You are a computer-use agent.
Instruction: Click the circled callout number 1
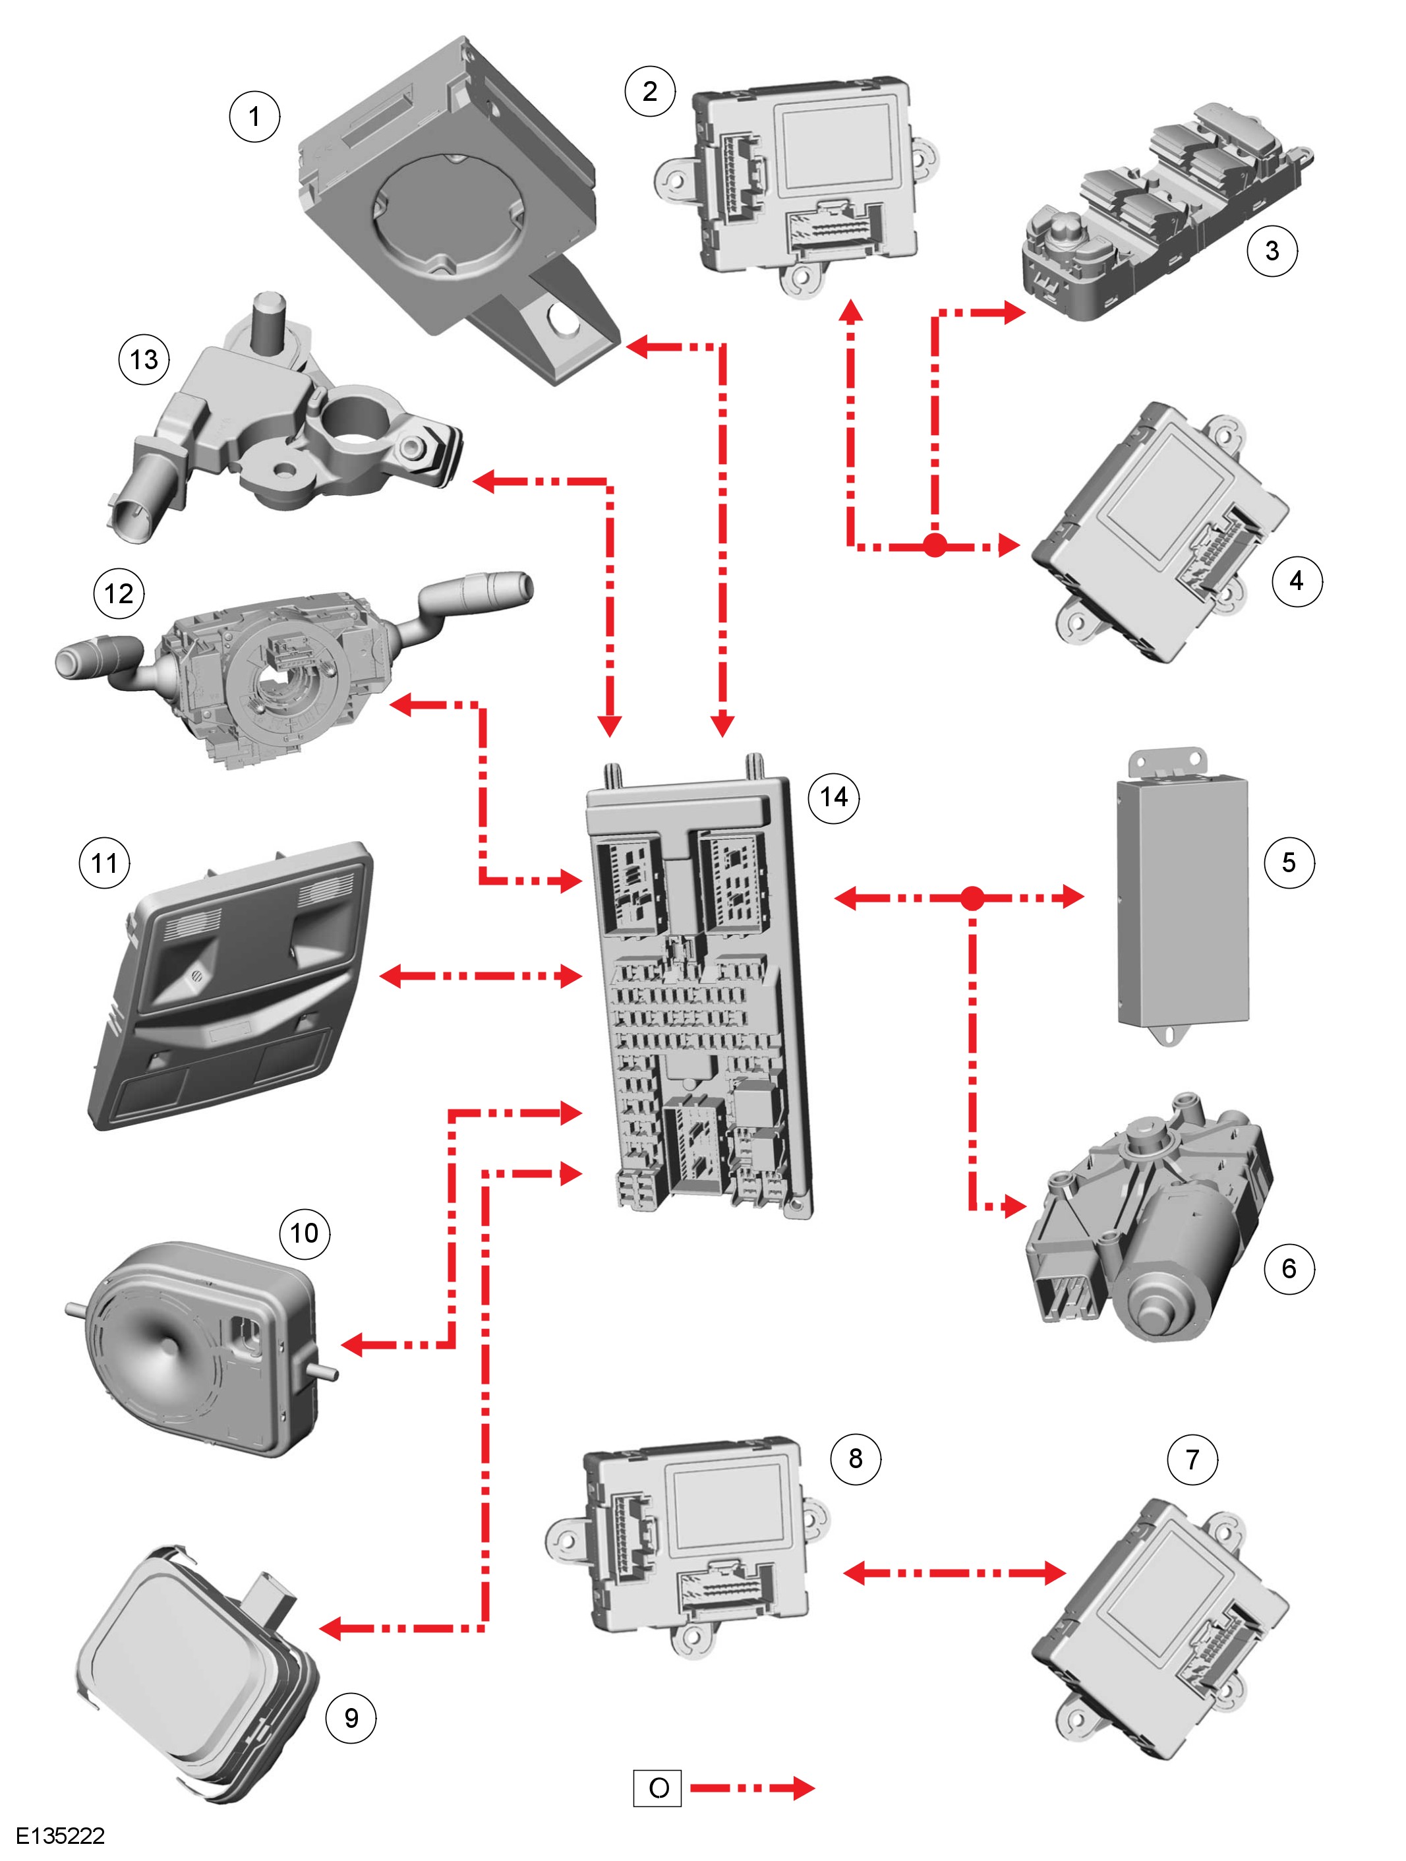(254, 116)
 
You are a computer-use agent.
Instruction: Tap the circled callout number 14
(833, 797)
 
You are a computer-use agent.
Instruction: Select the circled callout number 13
(144, 359)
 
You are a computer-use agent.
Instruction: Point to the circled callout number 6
(1288, 1268)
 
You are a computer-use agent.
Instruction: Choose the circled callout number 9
(351, 1717)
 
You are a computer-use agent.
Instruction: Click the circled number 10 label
(304, 1233)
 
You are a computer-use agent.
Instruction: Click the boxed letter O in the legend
(657, 1788)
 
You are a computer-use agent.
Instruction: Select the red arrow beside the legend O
(752, 1788)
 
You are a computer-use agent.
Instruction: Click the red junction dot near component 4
(935, 546)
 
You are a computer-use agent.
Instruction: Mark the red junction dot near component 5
(972, 898)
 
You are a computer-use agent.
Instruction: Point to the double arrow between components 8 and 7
(954, 1572)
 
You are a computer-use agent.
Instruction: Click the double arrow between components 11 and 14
(481, 976)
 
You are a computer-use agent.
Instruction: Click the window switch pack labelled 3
(1167, 212)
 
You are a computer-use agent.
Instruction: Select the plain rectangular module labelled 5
(1182, 897)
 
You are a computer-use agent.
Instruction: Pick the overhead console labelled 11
(229, 985)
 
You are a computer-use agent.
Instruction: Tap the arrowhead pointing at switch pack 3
(1013, 313)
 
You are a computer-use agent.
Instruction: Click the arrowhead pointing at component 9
(332, 1628)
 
